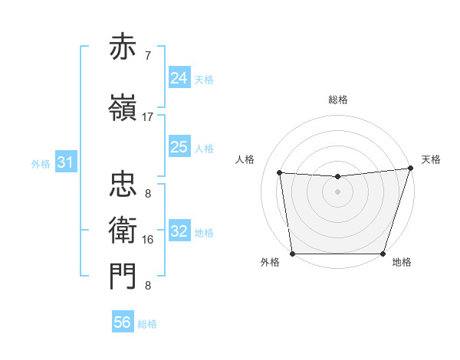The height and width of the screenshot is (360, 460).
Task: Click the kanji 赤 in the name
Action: coord(123,47)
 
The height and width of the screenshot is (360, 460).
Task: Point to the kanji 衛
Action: coord(123,229)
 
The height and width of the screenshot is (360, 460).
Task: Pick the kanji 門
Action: coord(123,276)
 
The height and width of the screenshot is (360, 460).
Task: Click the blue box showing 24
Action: coord(179,77)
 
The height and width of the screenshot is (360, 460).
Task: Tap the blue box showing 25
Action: coord(179,147)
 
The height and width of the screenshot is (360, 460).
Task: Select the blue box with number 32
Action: coord(179,231)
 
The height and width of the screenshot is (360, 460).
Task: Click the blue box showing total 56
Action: coord(123,322)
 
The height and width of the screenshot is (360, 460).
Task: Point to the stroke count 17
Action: coord(148,117)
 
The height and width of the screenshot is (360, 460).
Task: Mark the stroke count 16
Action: coord(148,240)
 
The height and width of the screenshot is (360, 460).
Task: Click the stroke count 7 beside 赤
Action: coord(148,55)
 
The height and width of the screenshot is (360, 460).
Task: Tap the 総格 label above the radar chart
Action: coord(338,100)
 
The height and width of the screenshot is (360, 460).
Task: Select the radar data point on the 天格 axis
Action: coord(410,169)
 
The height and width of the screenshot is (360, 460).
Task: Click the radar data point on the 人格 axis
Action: coord(280,173)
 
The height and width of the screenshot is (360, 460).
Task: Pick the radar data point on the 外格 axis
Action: coord(292,254)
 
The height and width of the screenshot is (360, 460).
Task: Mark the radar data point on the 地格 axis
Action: coord(383,254)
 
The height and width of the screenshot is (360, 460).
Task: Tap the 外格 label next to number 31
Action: coord(40,163)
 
